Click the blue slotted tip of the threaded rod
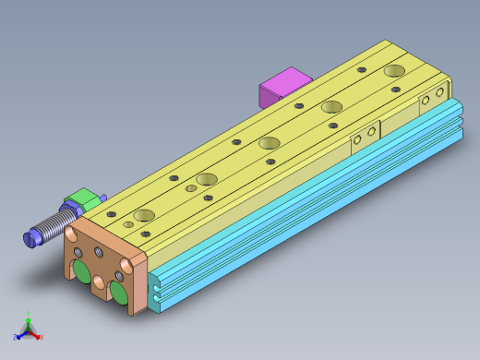[x=32, y=238]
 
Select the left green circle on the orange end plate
[x=83, y=271]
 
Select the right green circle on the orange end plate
[x=118, y=292]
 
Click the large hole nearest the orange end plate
[x=143, y=215]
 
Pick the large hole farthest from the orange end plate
[x=395, y=70]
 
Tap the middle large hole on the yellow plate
[x=270, y=143]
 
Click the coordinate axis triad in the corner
[x=29, y=330]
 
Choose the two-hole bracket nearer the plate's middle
[x=366, y=136]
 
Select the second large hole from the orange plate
[x=206, y=179]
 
